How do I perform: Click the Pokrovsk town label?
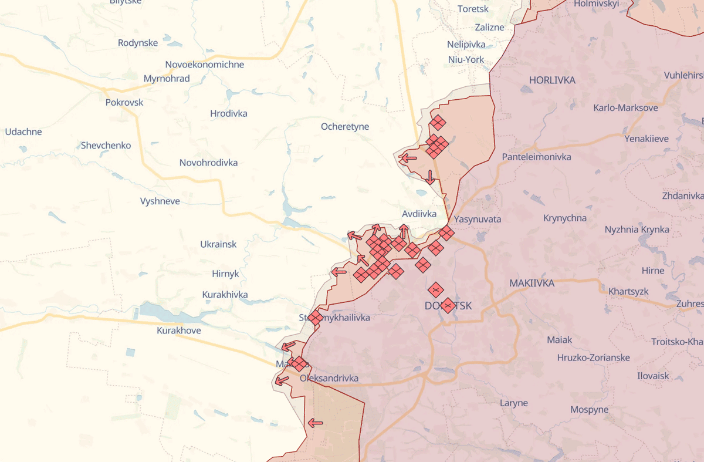[124, 102]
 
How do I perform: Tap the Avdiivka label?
[419, 214]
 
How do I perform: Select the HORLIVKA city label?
[552, 80]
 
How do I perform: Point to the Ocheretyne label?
[345, 126]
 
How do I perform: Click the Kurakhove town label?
[179, 331]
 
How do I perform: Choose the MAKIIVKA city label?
[532, 283]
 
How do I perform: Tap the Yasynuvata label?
[478, 219]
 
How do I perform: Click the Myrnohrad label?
[167, 78]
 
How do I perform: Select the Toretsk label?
[473, 9]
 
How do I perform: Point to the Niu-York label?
[466, 59]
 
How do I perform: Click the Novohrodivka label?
[208, 163]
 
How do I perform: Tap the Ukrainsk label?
[218, 244]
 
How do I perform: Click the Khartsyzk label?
[628, 291]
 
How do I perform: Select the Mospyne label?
[589, 409]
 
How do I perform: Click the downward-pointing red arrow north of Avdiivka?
[431, 177]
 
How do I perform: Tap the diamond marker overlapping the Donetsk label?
[448, 305]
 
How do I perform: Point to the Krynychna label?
[564, 218]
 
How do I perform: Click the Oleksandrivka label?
[329, 378]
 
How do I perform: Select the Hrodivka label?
[229, 113]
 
